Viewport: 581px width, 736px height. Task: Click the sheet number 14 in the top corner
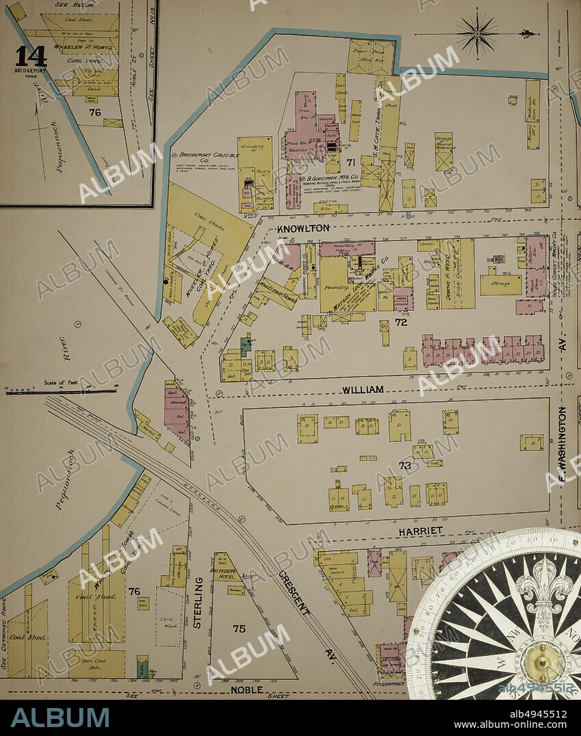[x=31, y=55]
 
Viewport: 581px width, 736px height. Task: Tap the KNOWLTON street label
[x=303, y=228]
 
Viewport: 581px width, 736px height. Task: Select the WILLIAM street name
[x=363, y=390]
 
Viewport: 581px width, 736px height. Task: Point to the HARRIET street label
[x=422, y=531]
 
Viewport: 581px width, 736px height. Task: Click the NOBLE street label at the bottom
[x=247, y=690]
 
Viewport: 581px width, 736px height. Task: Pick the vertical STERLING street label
[x=199, y=602]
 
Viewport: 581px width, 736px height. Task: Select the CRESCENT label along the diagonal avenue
[x=295, y=592]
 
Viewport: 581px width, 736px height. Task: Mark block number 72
[x=401, y=321]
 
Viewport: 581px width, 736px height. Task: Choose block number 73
[x=405, y=465]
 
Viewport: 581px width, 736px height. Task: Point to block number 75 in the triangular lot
[x=239, y=629]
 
